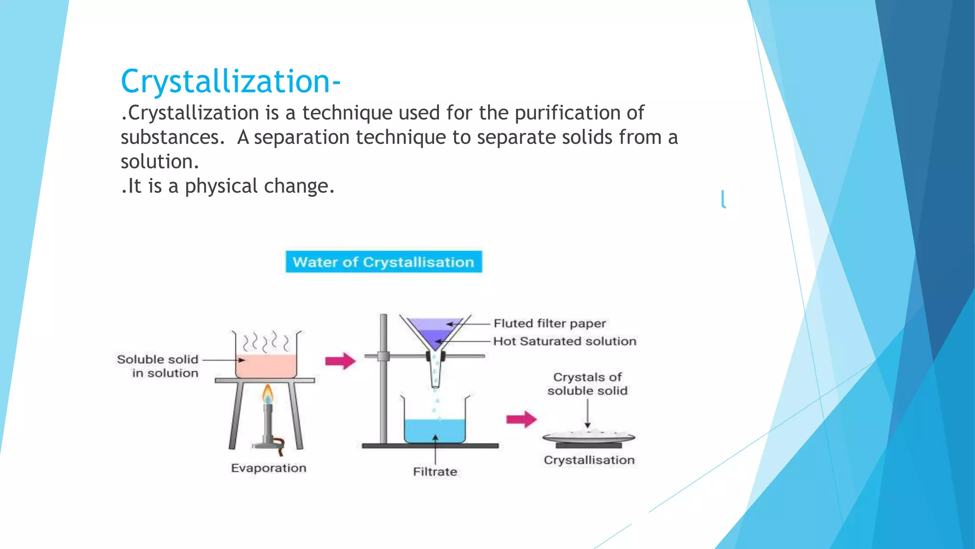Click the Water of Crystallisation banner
[x=383, y=262]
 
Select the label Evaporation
[x=269, y=468]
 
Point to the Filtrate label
[x=435, y=472]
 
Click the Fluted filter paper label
[x=549, y=324]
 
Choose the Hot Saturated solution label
[x=565, y=341]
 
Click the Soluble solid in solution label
[x=158, y=366]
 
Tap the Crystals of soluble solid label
[x=587, y=384]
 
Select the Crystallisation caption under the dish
[x=589, y=460]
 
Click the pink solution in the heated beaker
[x=266, y=366]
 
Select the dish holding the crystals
[x=588, y=437]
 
